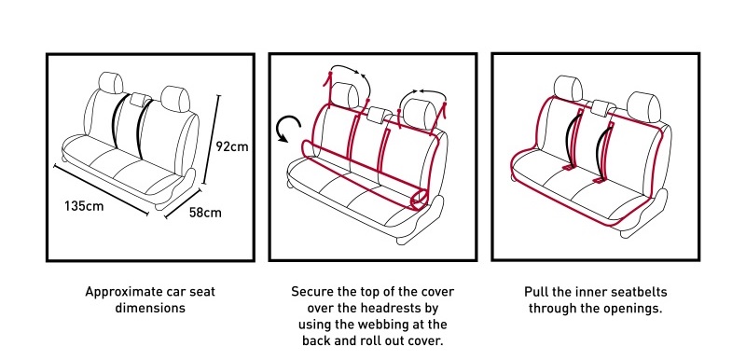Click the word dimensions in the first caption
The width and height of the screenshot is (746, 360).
point(149,306)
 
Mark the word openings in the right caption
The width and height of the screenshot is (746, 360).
point(630,306)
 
